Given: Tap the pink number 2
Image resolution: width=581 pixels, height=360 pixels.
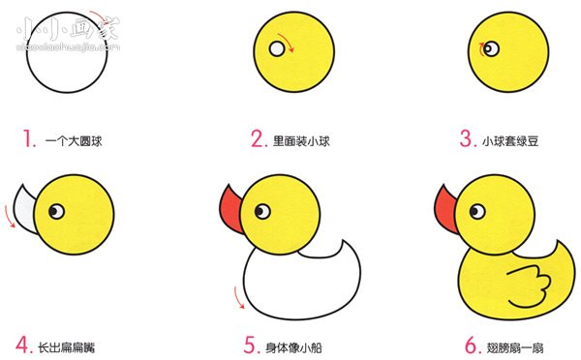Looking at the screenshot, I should tap(258, 139).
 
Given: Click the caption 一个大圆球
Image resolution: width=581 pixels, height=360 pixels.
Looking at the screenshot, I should tap(74, 141).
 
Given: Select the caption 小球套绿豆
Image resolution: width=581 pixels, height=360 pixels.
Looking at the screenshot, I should tap(510, 141).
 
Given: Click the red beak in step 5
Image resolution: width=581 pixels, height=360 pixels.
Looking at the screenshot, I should tap(231, 206).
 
